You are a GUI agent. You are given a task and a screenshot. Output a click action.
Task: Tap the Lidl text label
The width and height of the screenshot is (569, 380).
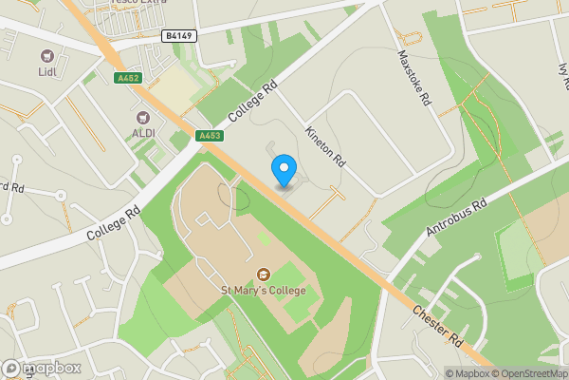[x=48, y=71]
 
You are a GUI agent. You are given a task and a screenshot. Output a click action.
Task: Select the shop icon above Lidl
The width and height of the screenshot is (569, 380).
[x=48, y=55]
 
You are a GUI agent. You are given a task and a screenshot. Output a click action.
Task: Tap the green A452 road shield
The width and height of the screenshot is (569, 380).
[x=127, y=78]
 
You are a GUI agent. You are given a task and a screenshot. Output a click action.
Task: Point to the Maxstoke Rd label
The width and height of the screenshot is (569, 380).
[x=414, y=78]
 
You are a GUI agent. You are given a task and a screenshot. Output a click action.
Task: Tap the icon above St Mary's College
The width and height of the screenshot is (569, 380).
[x=263, y=275]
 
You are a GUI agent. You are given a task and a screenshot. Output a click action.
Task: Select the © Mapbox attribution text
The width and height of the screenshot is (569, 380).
[x=467, y=373]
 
